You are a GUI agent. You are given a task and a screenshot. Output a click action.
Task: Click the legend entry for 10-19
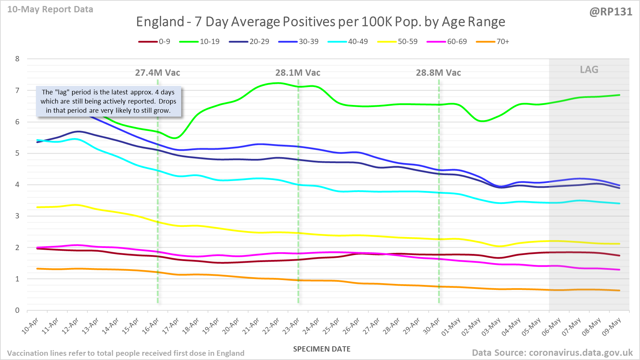[x=199, y=42]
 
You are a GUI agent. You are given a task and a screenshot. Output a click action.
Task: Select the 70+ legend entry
[x=493, y=42]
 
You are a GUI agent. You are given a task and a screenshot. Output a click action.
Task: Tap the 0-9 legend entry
[x=154, y=42]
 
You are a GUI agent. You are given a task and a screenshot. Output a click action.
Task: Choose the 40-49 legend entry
[x=348, y=42]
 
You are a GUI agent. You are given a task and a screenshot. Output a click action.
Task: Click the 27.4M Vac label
[x=158, y=73]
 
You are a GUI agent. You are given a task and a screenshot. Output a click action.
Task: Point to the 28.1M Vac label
[x=298, y=73]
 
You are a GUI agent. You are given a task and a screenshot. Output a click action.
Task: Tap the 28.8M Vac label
[x=438, y=73]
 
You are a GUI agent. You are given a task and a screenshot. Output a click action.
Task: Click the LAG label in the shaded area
[x=589, y=69]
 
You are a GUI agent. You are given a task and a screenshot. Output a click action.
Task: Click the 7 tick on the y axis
[x=17, y=91]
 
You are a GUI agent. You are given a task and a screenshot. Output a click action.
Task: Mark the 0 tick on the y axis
[x=17, y=310]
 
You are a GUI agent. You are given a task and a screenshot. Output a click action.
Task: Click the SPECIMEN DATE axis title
[x=322, y=349]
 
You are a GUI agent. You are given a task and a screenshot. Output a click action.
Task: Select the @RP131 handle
[x=611, y=12]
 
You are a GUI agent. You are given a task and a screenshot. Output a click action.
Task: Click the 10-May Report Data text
[x=50, y=10]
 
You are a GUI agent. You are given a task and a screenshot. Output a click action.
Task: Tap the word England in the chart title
[x=160, y=22]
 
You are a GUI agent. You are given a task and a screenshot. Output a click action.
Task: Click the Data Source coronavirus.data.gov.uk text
[x=552, y=353]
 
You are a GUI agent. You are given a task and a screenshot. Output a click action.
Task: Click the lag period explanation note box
[x=109, y=101]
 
